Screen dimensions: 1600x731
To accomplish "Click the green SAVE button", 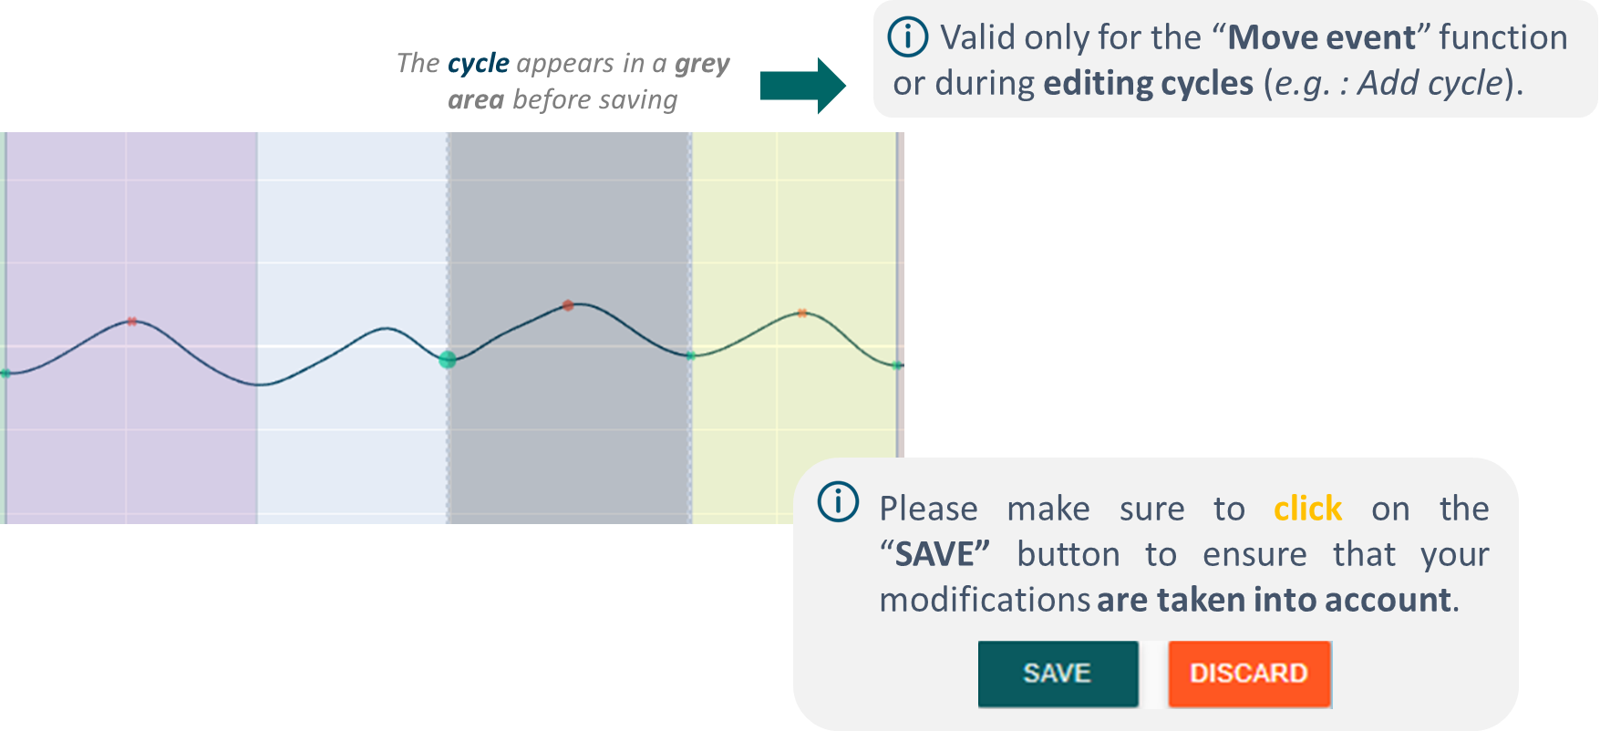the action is tap(1058, 674).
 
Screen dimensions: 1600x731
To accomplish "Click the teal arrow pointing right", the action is tap(803, 86).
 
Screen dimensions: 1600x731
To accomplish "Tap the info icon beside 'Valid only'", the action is tap(908, 37).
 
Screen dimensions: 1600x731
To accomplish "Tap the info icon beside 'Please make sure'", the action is tap(838, 501).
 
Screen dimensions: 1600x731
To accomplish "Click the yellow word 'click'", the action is tap(1307, 509).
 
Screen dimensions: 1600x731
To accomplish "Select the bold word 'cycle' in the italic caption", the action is tap(479, 64).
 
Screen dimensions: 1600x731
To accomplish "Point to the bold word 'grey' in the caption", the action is tap(702, 64).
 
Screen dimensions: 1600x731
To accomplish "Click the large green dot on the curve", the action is tap(448, 359).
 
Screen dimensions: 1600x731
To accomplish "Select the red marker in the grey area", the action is tap(568, 305).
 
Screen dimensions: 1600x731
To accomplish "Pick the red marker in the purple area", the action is tap(132, 321).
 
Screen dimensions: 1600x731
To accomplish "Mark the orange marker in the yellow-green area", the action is tap(802, 313).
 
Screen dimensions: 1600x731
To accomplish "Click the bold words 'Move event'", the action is tap(1322, 37).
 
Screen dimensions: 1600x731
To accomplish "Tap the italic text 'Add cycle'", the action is tap(1430, 83).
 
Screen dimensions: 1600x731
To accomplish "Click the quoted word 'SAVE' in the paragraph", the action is tap(935, 554).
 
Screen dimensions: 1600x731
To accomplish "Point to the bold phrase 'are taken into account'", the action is tap(1274, 600).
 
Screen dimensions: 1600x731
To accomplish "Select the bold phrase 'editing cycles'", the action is tap(1149, 83).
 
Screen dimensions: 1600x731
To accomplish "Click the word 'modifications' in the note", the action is tap(985, 600).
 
